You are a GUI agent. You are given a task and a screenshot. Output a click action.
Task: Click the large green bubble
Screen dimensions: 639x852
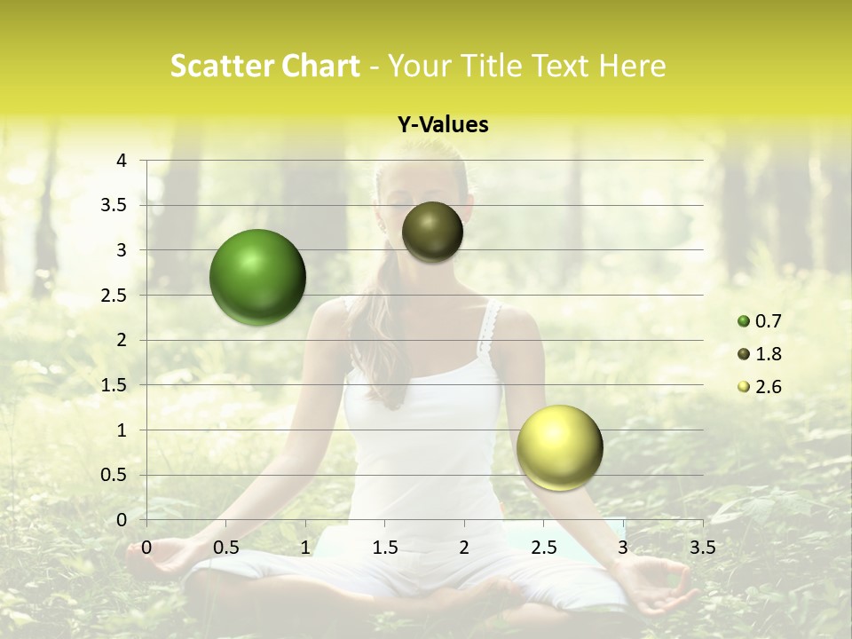pos(257,277)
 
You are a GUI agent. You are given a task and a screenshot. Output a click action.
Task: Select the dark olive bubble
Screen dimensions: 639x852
pos(432,232)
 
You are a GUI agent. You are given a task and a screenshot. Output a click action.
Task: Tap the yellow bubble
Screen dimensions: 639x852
pos(559,447)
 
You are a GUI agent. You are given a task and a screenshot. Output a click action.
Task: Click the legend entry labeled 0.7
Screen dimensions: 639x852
pos(761,321)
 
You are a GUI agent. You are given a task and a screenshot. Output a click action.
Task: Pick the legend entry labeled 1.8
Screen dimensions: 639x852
pos(761,354)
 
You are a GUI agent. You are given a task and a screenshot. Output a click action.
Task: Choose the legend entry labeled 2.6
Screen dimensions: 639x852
pos(761,387)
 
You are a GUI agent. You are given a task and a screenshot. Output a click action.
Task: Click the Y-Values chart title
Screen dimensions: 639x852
pos(442,125)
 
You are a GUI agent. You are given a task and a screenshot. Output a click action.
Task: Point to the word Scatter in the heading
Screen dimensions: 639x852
pos(218,66)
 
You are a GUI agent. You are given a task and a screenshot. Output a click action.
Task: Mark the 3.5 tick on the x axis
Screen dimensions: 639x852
pos(702,547)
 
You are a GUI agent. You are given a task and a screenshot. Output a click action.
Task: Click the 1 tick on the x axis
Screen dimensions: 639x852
pos(305,547)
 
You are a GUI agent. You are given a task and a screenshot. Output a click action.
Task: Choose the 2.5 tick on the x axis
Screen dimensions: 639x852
pos(543,547)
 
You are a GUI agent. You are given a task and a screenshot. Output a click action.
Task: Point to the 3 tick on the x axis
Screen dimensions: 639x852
pos(623,547)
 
